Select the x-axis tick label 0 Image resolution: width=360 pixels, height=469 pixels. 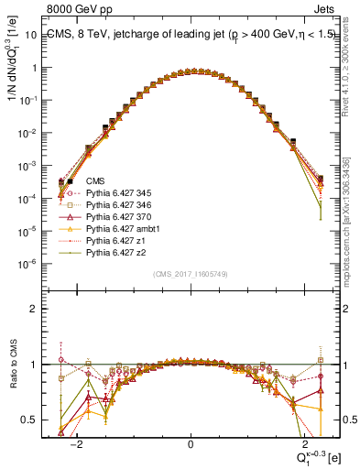pyautogui.click(x=191, y=442)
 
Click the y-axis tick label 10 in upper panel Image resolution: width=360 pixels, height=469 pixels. pyautogui.click(x=38, y=35)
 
